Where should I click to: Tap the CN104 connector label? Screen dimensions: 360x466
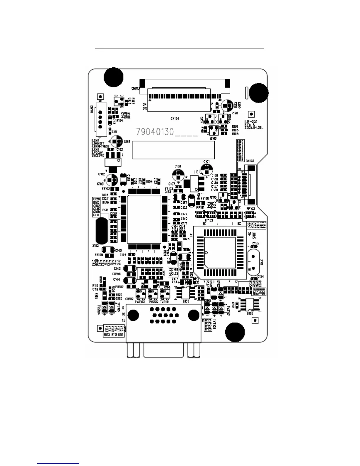coord(175,119)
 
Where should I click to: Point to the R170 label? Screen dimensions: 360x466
coord(235,113)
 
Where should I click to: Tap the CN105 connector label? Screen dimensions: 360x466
coord(250,161)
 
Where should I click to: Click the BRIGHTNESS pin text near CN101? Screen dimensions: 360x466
coord(101,147)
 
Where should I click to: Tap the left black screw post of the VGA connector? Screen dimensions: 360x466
coord(134,315)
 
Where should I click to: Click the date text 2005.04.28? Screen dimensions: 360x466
coord(253,128)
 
